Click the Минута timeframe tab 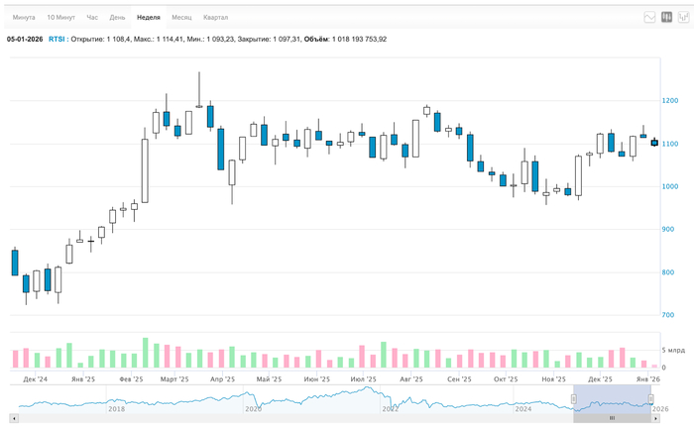click(x=24, y=18)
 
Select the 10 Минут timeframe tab click(x=61, y=18)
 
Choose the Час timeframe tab click(x=92, y=18)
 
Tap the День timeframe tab click(x=117, y=18)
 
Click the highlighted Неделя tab click(x=149, y=18)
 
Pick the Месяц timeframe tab click(x=181, y=18)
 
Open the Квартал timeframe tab click(x=215, y=18)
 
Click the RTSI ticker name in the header click(x=58, y=39)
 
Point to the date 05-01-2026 click(x=25, y=39)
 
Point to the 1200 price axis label click(x=671, y=101)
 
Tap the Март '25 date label click(x=174, y=379)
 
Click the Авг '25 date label click(x=410, y=379)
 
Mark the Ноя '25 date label click(x=553, y=379)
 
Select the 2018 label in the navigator click(x=117, y=408)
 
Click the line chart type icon click(x=649, y=17)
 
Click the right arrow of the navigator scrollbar click(x=656, y=418)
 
